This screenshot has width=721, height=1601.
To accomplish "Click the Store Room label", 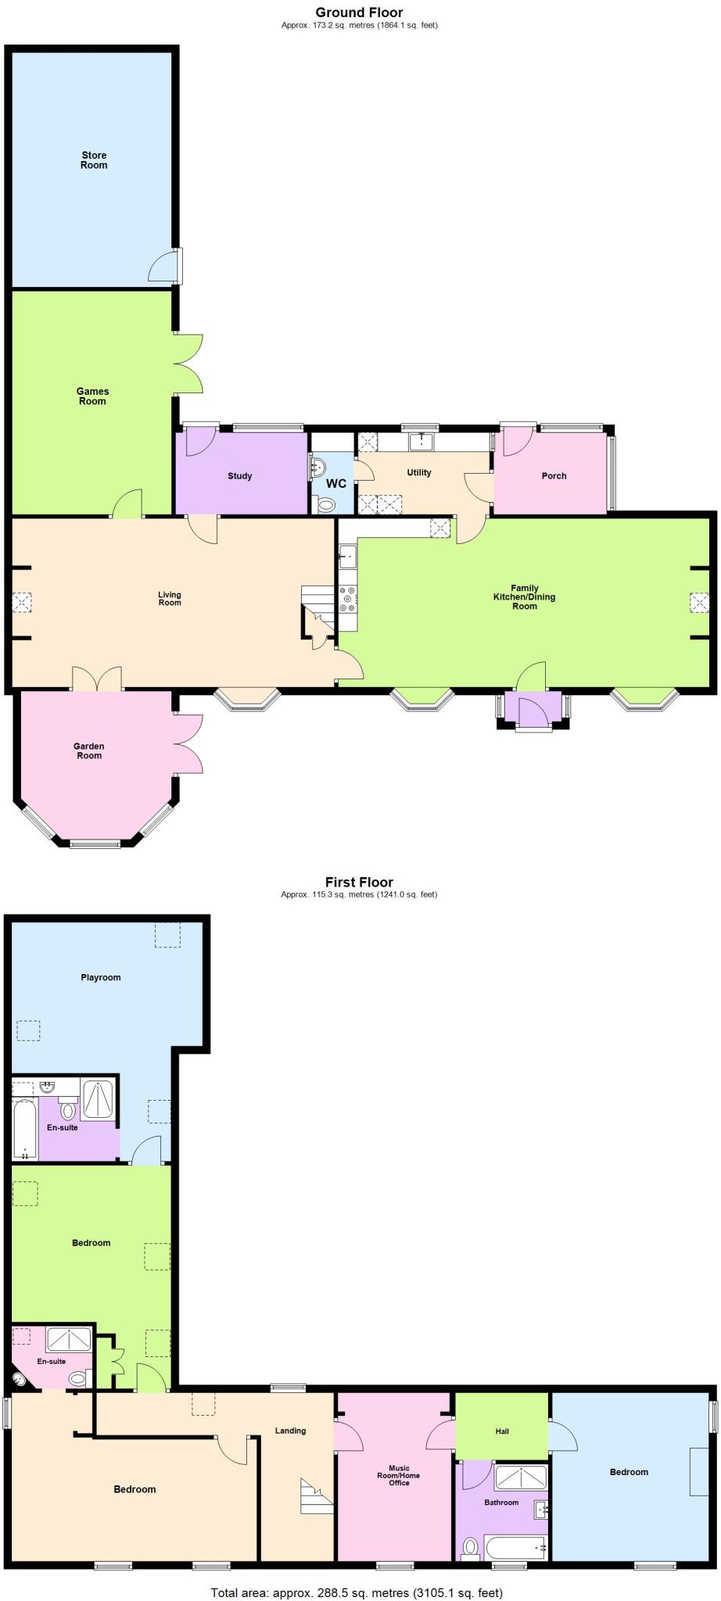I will click(x=94, y=160).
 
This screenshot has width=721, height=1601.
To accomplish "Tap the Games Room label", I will click(x=92, y=396).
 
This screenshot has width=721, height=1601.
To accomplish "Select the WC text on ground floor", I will click(x=335, y=484).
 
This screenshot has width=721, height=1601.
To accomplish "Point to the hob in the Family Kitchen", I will click(x=347, y=599).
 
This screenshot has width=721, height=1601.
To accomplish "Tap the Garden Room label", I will click(x=89, y=751).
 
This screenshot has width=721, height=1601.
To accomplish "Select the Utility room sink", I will click(x=421, y=442).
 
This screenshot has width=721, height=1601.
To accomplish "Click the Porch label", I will click(x=554, y=476).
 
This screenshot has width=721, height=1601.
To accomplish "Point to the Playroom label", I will click(x=101, y=977).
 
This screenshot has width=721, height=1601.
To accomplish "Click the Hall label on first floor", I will click(x=502, y=1431).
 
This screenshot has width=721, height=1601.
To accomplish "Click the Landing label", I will click(x=290, y=1431).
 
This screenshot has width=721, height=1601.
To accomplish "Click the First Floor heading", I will click(x=359, y=882).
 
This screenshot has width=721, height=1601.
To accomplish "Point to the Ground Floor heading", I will click(x=359, y=13).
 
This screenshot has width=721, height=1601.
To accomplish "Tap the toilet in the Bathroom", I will click(x=471, y=1546).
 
